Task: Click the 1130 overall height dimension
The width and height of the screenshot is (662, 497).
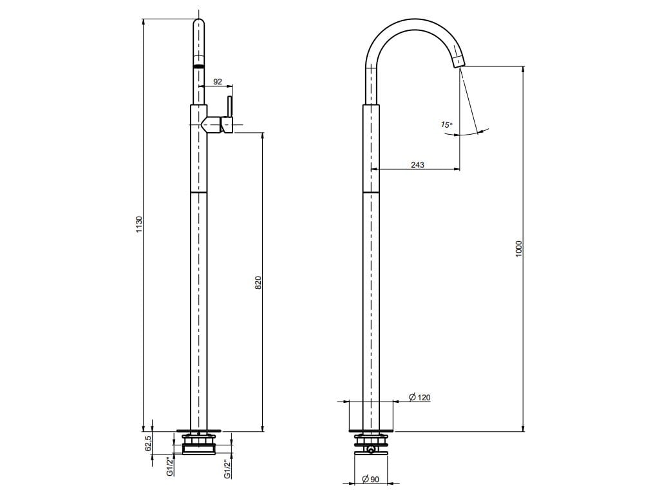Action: tap(138, 225)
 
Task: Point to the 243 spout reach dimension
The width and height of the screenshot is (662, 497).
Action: tap(417, 165)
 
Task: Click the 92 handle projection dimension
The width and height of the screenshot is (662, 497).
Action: tap(217, 82)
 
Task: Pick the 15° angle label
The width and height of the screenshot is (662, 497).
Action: tap(446, 124)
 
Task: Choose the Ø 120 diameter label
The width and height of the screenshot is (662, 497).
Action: tap(420, 398)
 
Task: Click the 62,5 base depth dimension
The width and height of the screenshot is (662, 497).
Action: tap(147, 443)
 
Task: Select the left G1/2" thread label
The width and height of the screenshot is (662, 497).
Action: tap(169, 466)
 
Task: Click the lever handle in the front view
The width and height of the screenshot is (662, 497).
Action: tap(228, 115)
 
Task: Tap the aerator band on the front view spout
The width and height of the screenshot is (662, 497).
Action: tap(199, 66)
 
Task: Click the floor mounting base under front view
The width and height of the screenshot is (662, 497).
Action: tap(198, 430)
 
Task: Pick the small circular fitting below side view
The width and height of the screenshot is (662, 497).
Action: tap(371, 449)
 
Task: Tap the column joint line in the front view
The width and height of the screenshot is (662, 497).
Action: tap(199, 192)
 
